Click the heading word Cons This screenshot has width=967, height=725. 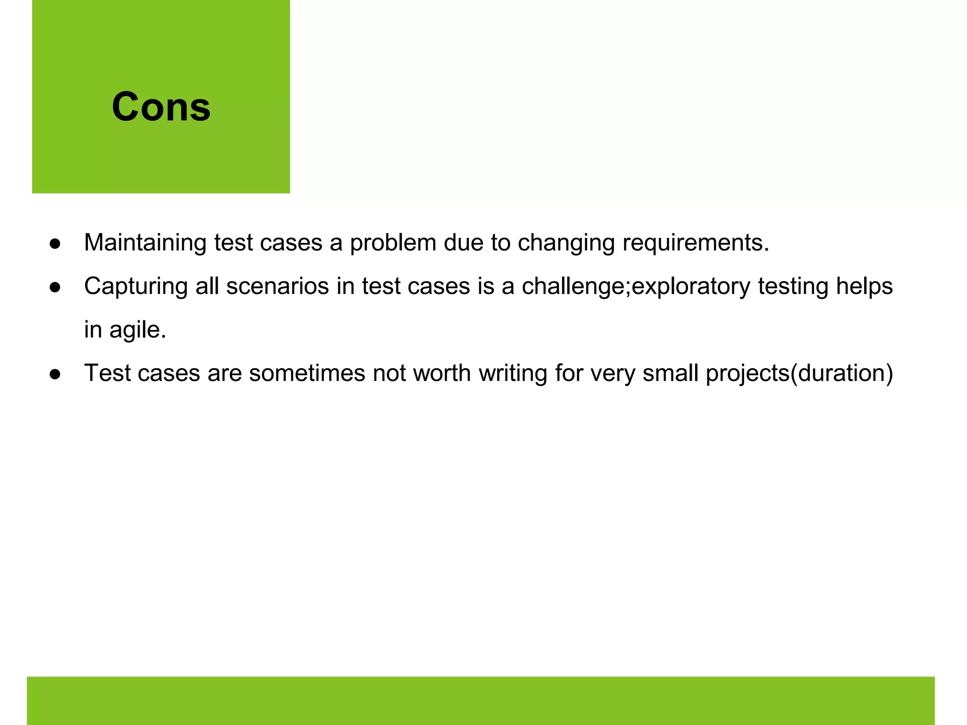point(161,107)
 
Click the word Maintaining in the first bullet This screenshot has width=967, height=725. point(145,243)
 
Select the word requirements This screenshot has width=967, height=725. point(695,243)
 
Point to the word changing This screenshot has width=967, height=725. point(566,243)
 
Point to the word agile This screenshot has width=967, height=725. point(137,329)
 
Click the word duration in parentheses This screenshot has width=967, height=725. point(841,373)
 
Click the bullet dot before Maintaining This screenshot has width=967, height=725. point(55,244)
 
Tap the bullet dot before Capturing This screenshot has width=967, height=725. point(55,287)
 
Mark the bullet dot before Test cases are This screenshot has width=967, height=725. point(55,374)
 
